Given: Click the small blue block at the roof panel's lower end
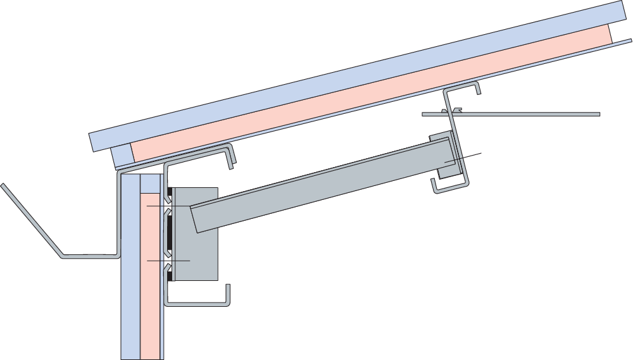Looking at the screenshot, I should point(122,156).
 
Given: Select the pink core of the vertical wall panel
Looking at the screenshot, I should point(151,297).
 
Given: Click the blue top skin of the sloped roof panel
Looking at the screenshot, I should point(354,70).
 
